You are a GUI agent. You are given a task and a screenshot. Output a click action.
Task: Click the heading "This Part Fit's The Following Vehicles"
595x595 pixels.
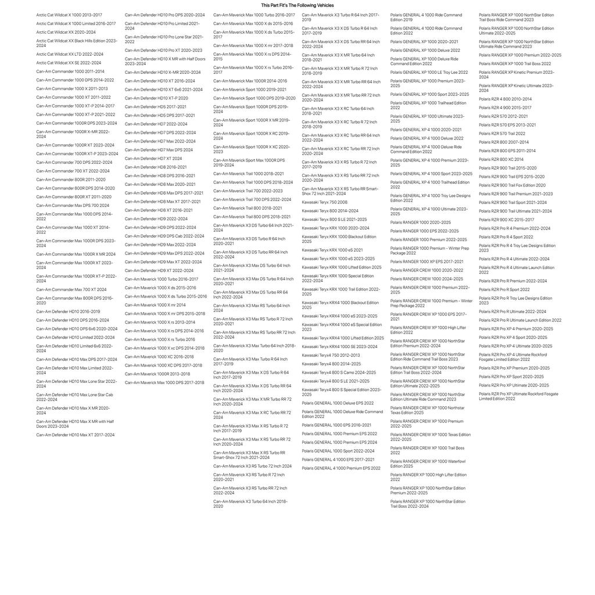click(x=297, y=5)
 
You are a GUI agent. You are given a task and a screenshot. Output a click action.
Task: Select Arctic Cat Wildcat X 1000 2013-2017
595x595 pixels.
click(x=69, y=15)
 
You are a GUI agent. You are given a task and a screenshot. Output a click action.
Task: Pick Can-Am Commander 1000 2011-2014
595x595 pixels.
click(x=70, y=71)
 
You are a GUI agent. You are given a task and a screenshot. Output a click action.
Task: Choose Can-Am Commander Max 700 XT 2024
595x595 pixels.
click(x=71, y=289)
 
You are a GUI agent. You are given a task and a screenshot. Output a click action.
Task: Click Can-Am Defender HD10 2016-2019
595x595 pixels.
click(x=68, y=311)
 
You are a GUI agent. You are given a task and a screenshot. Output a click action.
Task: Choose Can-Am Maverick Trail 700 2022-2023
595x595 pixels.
click(x=248, y=191)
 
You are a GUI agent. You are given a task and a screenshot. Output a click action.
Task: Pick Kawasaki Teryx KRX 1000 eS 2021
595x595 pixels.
click(x=332, y=250)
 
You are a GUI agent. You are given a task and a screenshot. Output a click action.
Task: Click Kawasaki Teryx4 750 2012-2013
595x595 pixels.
click(x=331, y=355)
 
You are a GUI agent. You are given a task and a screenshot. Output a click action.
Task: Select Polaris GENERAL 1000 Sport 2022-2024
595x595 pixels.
click(x=338, y=451)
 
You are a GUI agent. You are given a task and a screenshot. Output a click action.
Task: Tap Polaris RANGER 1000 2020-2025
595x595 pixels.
click(x=421, y=222)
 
